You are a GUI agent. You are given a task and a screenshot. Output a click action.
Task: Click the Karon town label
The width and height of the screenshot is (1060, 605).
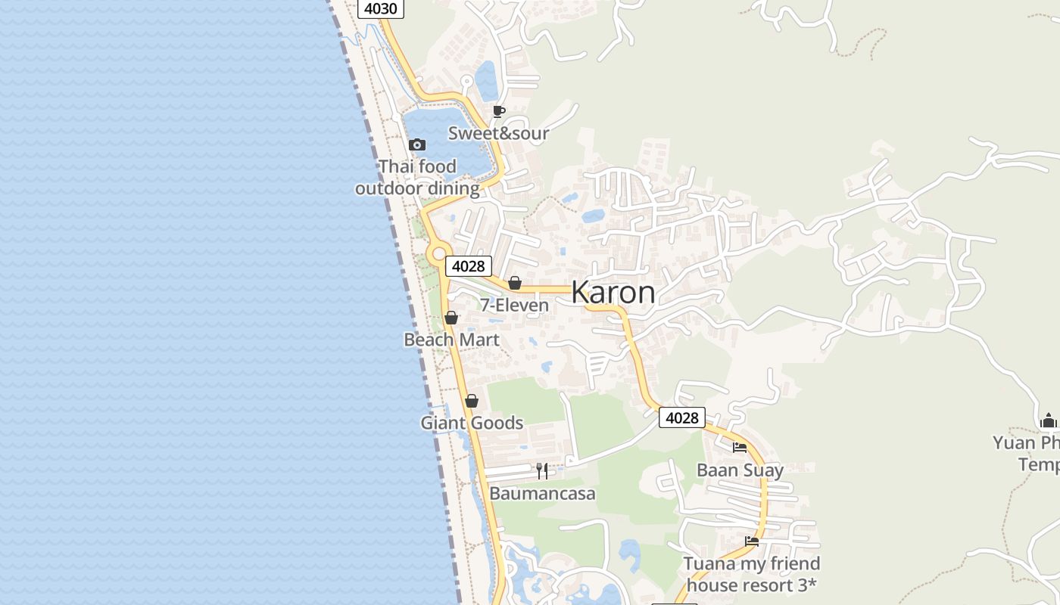point(613,293)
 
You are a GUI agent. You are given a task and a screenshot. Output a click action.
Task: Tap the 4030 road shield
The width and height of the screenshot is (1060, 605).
point(381,9)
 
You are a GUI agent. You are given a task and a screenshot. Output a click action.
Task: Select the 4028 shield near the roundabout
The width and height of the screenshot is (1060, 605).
point(468,266)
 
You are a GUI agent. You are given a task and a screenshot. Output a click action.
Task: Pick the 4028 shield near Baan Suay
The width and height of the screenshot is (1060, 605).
point(681,417)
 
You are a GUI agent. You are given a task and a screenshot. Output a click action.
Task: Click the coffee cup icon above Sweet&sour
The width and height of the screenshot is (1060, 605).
point(498,112)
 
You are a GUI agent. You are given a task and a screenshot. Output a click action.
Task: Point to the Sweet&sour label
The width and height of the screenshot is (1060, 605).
point(498,133)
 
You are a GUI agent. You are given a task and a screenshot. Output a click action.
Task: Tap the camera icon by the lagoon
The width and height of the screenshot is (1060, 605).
point(416,144)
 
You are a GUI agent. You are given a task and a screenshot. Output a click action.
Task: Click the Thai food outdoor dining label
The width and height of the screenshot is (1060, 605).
point(417,177)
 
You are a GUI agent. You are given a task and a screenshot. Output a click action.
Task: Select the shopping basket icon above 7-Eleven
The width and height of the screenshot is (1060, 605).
point(515,284)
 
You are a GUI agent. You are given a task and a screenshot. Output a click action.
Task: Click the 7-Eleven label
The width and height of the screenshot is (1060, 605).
point(514,306)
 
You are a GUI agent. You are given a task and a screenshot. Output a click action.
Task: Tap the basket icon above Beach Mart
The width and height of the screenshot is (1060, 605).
point(451,318)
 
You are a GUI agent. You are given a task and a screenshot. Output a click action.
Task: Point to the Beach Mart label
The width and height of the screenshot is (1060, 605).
point(451,340)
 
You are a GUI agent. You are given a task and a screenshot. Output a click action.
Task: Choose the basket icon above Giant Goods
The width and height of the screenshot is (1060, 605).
point(472,402)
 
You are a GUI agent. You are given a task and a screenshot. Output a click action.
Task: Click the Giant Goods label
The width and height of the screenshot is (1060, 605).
point(472,423)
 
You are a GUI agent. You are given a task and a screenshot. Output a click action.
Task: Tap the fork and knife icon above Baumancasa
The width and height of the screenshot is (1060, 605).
point(542,471)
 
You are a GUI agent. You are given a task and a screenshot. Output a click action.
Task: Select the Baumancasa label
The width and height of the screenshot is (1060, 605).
point(542,494)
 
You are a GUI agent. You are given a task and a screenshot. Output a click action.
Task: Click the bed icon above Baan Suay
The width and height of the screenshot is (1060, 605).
point(740,448)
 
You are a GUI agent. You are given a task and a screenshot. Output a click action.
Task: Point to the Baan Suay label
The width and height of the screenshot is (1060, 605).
point(740,470)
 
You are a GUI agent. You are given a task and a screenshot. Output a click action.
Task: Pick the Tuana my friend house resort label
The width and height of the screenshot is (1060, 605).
point(751,574)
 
